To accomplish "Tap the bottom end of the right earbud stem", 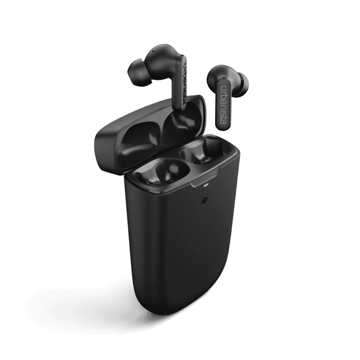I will [x=222, y=127].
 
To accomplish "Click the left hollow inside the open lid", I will [x=133, y=143].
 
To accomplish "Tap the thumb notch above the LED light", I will [x=201, y=178].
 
